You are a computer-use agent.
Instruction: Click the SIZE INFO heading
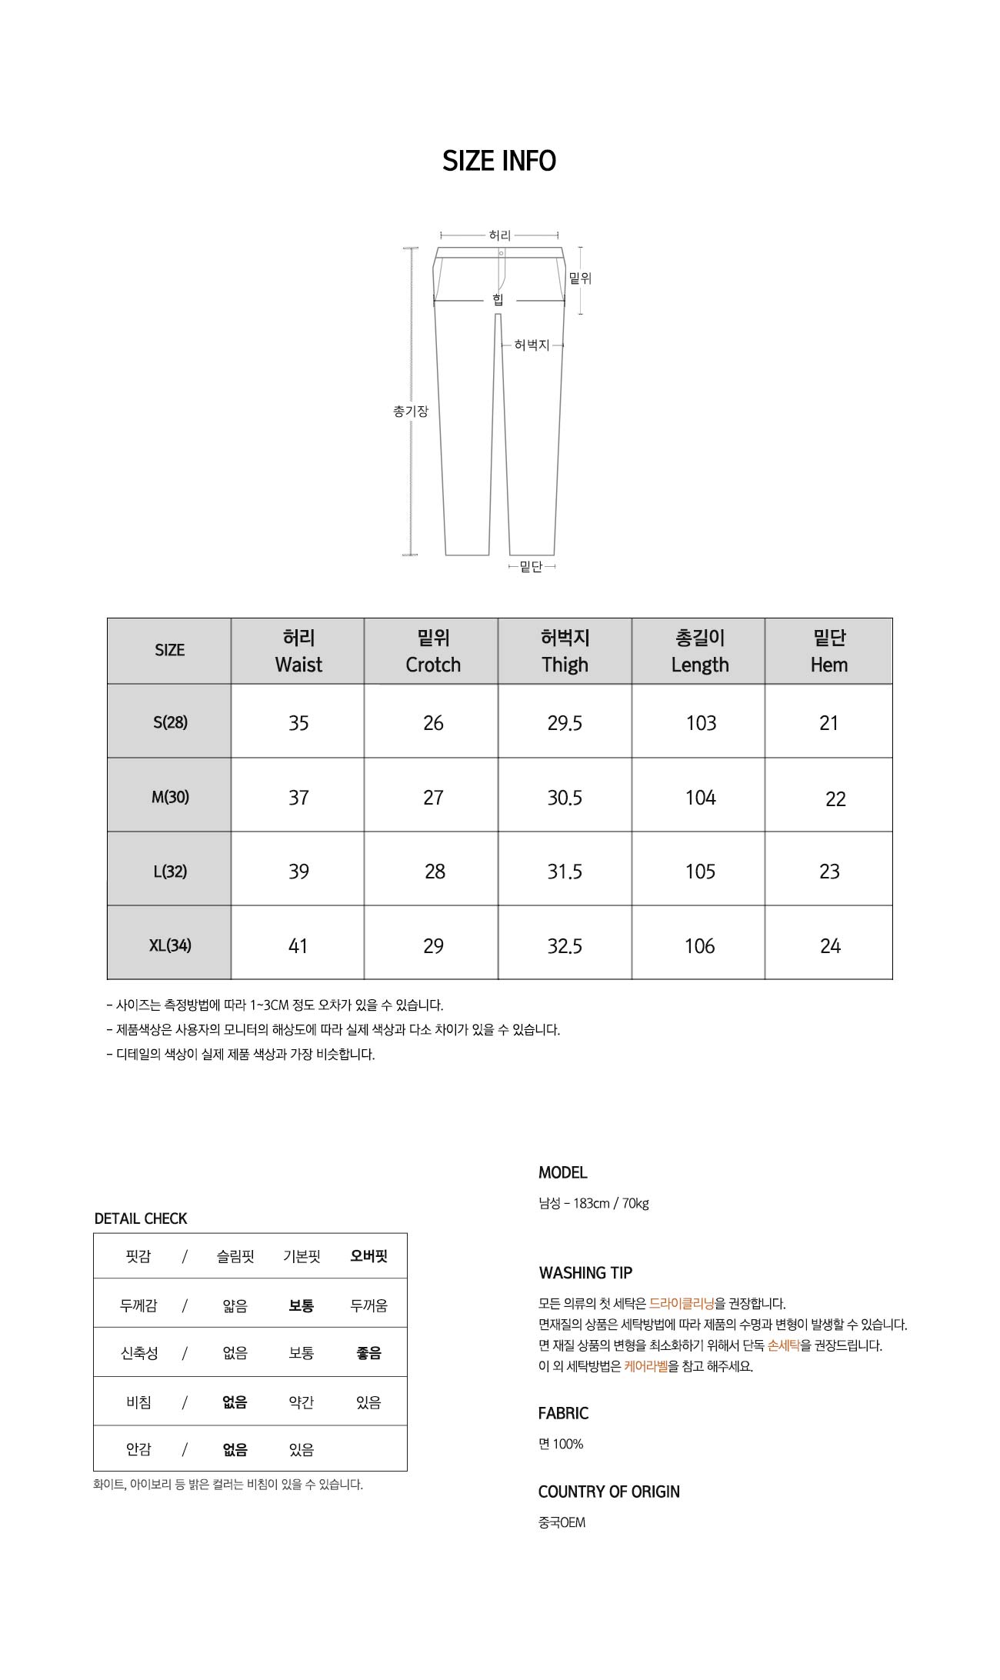499,161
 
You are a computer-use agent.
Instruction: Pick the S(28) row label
170,722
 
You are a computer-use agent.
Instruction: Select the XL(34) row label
170,945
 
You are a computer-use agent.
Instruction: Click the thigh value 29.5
565,723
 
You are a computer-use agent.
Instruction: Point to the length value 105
700,872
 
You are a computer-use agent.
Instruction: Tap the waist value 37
298,798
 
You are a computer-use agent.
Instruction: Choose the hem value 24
830,946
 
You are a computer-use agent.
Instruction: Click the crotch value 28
435,872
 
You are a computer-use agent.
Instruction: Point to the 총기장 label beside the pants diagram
410,412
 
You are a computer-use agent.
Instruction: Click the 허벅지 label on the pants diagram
532,345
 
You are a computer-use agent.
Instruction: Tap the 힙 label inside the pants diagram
498,299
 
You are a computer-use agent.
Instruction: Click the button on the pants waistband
501,253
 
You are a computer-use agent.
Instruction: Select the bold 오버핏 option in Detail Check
368,1256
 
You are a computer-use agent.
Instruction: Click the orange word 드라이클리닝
682,1303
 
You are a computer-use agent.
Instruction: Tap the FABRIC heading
563,1413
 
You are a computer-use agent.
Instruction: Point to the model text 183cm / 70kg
611,1203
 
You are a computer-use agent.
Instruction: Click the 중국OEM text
562,1522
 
